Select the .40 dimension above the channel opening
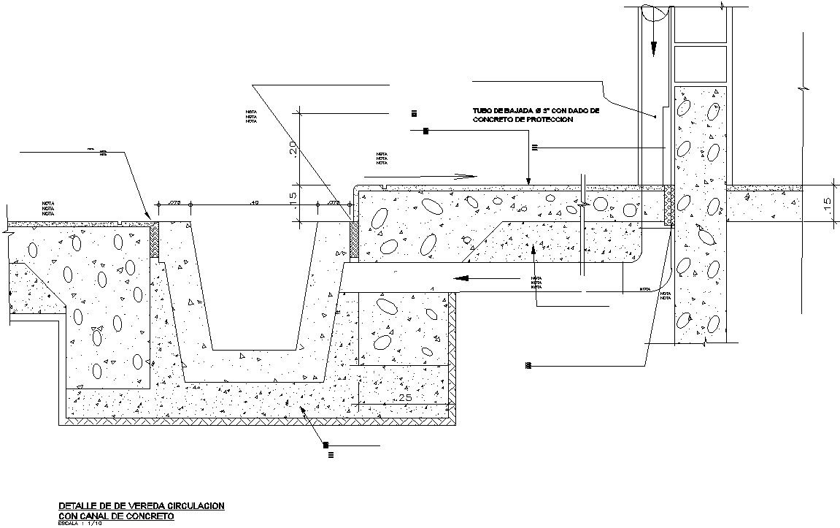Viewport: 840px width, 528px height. coord(254,202)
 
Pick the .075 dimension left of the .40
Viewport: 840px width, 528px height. coord(175,202)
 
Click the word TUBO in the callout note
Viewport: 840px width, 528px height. coord(482,111)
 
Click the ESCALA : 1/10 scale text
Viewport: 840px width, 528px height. coord(81,523)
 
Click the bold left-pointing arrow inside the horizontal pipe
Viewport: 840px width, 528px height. coord(467,278)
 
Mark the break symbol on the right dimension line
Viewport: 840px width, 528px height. coord(801,88)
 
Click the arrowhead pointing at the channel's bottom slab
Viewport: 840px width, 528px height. coord(304,411)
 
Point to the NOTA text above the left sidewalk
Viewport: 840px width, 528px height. coord(48,207)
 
